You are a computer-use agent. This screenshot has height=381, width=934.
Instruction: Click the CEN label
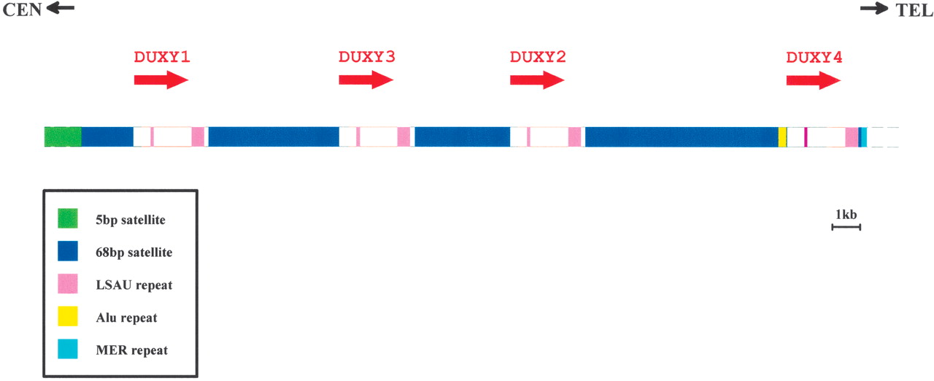tap(22, 9)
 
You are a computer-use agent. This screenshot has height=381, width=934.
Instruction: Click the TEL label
tap(914, 9)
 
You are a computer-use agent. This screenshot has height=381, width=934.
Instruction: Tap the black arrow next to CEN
tap(61, 7)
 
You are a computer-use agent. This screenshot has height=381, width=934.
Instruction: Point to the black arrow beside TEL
tap(874, 8)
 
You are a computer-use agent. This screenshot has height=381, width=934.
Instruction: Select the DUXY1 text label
tap(162, 57)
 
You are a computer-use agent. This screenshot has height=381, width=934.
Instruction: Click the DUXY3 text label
tap(366, 57)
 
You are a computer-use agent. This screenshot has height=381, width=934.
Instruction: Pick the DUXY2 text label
tap(538, 57)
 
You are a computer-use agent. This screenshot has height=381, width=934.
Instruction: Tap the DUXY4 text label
tap(814, 57)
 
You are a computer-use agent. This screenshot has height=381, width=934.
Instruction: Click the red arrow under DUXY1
tap(161, 80)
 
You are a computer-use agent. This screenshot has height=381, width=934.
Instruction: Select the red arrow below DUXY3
tap(366, 80)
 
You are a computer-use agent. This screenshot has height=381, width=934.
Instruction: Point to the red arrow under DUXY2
tap(538, 80)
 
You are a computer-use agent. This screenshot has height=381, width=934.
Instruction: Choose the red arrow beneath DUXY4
tap(814, 80)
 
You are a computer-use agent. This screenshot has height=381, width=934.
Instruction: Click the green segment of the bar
tap(63, 136)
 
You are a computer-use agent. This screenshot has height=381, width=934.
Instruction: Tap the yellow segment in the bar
tap(782, 136)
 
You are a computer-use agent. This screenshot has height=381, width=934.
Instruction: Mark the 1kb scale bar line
tap(846, 227)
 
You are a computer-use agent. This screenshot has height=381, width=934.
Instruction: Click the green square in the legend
tap(68, 218)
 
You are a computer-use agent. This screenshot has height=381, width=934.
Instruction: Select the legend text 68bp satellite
tap(134, 253)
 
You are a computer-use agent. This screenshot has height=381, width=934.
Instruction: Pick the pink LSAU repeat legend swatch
tap(68, 283)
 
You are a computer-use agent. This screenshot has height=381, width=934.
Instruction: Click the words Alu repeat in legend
tap(126, 317)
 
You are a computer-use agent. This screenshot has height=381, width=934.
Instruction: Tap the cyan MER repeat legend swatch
tap(68, 349)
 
